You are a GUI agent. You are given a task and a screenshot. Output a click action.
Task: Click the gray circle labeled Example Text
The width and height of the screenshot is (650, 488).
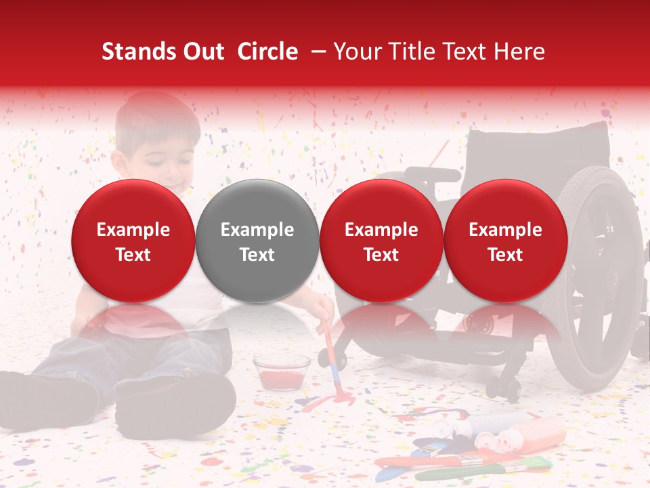[x=257, y=241]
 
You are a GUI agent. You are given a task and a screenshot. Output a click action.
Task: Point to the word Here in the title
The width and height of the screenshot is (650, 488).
[x=520, y=52]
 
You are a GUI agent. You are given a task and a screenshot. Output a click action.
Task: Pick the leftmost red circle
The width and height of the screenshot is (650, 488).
[x=133, y=241]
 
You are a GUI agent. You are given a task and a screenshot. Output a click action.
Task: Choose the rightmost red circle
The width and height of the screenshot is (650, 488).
[x=505, y=241]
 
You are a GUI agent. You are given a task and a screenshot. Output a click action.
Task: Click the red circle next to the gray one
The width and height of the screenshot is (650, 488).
[x=381, y=241]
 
